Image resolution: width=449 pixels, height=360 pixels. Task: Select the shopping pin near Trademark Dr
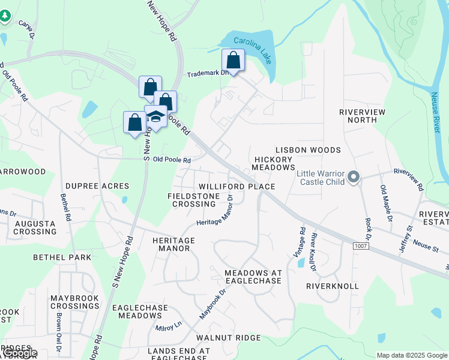[x=233, y=61]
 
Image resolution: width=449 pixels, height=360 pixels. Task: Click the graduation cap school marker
[x=155, y=116]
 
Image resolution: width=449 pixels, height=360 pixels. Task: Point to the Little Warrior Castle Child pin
[x=354, y=177]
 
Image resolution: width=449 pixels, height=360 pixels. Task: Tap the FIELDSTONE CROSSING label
[x=190, y=200]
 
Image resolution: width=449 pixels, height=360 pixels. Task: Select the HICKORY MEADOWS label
[x=275, y=163]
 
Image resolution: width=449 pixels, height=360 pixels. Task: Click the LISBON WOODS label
[x=308, y=150]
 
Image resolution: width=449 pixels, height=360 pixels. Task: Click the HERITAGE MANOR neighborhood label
[x=174, y=244]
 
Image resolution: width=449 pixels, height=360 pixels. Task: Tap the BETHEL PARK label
[x=62, y=257]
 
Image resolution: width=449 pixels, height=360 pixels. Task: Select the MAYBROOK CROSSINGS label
[x=74, y=302]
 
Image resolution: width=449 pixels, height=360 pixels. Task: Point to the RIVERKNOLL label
[x=332, y=286]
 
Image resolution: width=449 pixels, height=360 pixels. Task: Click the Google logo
[x=19, y=353]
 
